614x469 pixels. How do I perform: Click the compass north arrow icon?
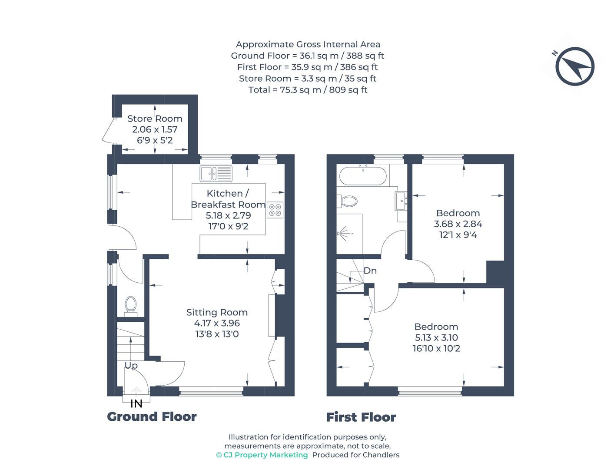(x=574, y=66)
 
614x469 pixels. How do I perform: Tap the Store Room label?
(x=155, y=119)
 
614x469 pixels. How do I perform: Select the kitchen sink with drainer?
(x=216, y=174)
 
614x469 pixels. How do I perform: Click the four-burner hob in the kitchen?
(x=275, y=210)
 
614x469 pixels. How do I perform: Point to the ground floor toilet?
(x=130, y=305)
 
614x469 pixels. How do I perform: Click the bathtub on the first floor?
(x=362, y=175)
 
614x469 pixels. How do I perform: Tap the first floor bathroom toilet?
(x=348, y=201)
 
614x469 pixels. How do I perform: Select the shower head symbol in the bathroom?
(x=345, y=233)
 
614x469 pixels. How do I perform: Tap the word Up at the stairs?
(x=131, y=366)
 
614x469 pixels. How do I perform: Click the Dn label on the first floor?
(x=370, y=271)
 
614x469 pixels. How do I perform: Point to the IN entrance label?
(x=136, y=404)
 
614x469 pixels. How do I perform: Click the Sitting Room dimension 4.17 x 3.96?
(x=217, y=323)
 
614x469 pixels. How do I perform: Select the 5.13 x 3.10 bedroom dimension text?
(x=436, y=337)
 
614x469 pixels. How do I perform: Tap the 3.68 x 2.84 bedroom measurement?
(x=458, y=224)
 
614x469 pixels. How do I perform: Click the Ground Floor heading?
(x=152, y=416)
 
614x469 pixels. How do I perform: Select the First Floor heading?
(x=361, y=417)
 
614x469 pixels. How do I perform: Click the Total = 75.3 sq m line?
(x=308, y=90)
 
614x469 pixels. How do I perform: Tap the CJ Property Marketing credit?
(x=262, y=455)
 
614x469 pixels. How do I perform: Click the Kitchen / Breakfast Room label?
(x=228, y=199)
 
